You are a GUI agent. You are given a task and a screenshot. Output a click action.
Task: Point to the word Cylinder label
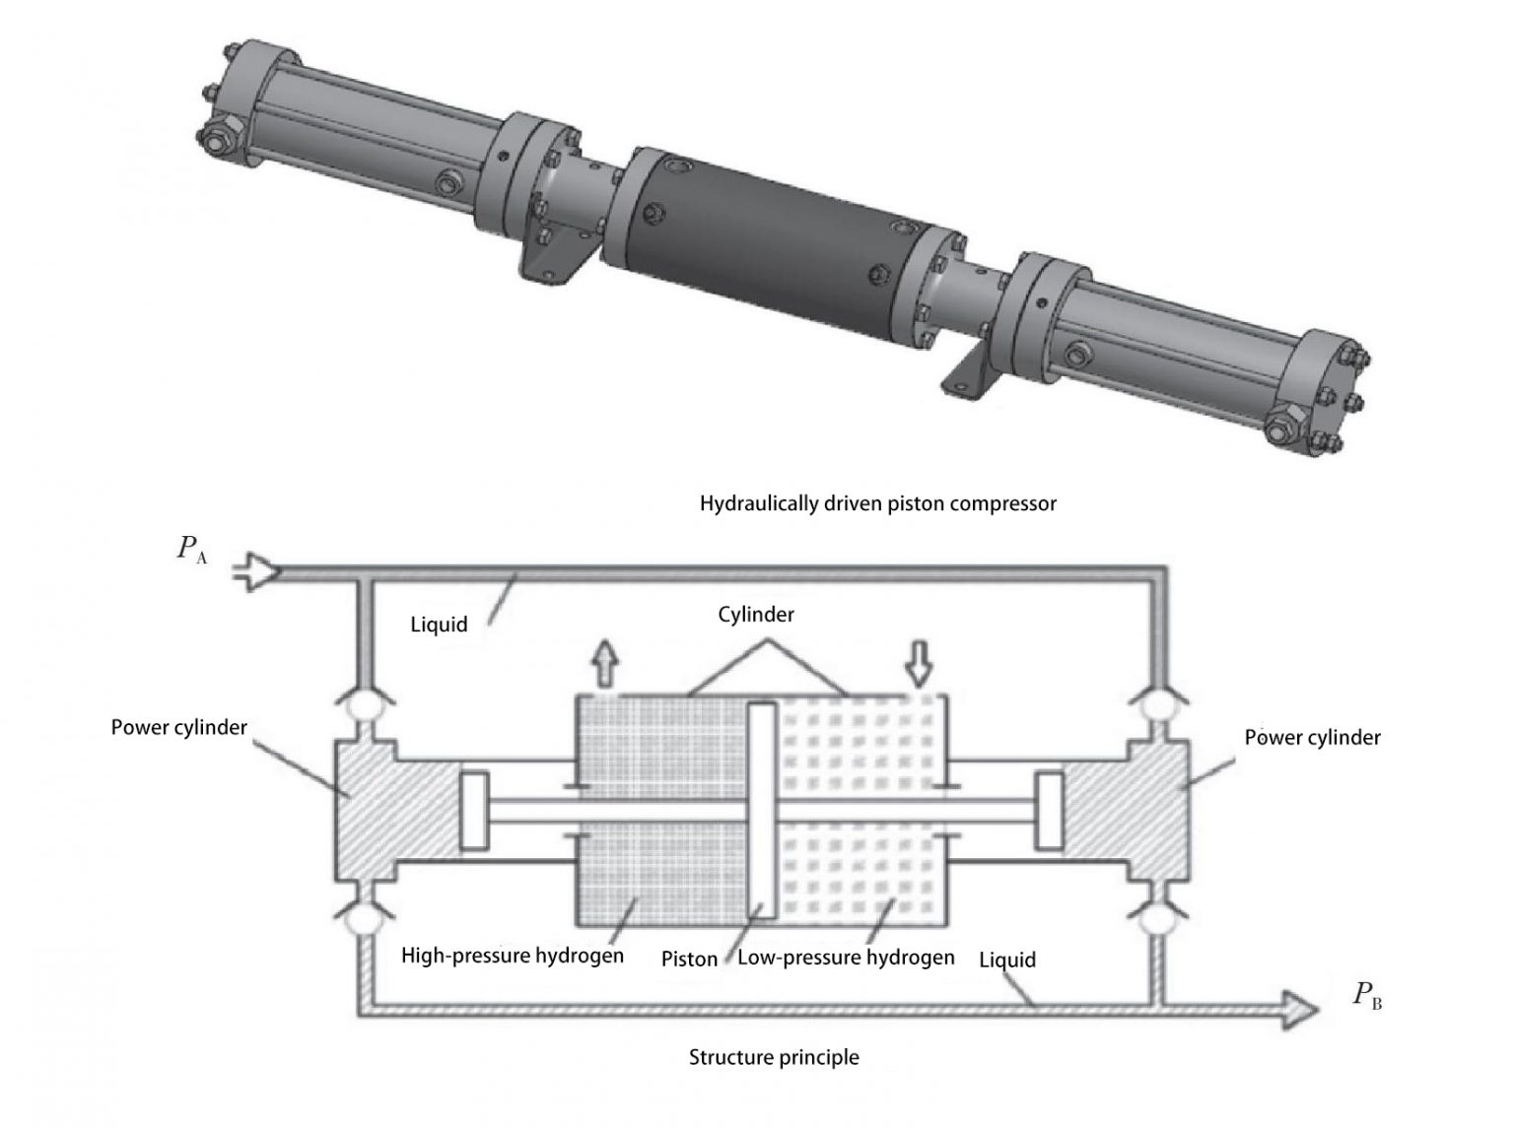tap(756, 615)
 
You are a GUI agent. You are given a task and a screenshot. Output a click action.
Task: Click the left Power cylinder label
tap(178, 727)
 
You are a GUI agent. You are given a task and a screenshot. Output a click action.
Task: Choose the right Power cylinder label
tap(1312, 737)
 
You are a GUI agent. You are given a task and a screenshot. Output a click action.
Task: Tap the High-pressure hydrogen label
tap(512, 956)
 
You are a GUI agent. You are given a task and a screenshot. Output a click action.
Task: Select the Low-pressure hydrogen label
tap(846, 957)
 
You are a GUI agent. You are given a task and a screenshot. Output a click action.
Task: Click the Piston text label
tap(689, 959)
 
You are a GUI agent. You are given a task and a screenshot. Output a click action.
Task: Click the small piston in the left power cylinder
tap(474, 811)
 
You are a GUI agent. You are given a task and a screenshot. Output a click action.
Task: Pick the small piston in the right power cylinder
tap(1049, 811)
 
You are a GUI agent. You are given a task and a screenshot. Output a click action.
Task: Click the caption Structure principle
tap(774, 1057)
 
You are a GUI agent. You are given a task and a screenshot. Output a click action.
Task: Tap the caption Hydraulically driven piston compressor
tap(877, 503)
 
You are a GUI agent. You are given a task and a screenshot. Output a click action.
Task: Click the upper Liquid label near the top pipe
tap(439, 625)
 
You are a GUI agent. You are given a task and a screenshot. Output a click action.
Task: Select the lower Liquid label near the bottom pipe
tap(1006, 959)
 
